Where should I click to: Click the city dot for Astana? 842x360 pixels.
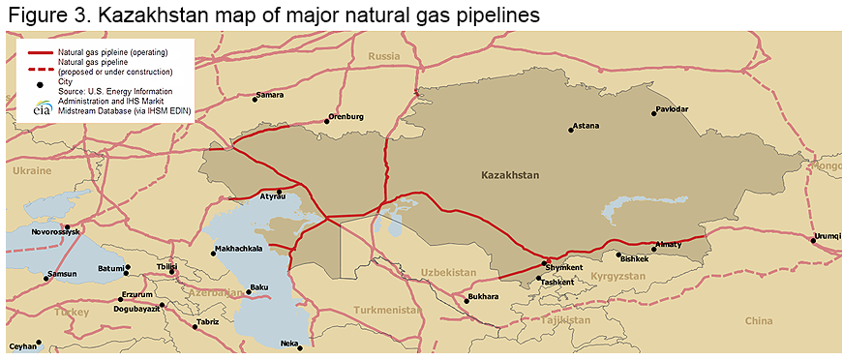(571, 131)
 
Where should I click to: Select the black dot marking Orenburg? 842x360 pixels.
(326, 122)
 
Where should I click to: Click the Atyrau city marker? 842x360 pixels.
(280, 191)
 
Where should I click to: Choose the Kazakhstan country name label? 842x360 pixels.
(510, 175)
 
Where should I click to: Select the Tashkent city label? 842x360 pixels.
(557, 282)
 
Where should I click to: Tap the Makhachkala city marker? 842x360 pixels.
(213, 254)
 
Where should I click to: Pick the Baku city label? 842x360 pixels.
(258, 287)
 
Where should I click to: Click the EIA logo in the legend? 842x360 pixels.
(42, 108)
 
